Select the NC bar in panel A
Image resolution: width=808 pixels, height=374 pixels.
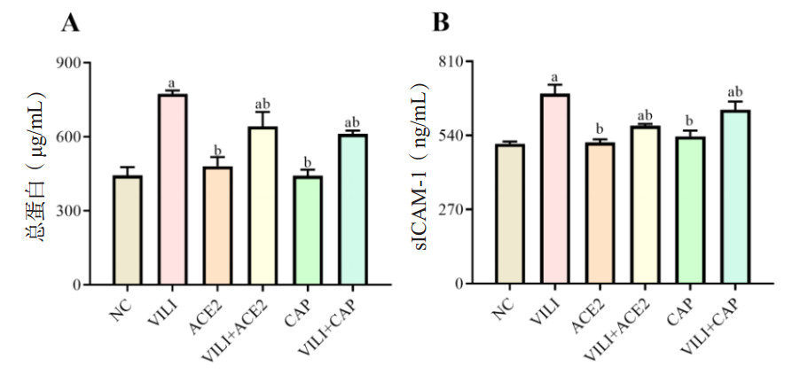coord(127,230)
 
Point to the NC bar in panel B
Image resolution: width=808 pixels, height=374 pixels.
coord(509,214)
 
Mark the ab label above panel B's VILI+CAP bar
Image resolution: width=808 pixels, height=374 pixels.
coord(734,92)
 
